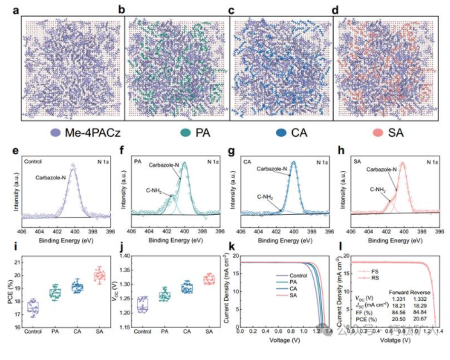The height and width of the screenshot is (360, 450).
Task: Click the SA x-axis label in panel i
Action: click(99, 331)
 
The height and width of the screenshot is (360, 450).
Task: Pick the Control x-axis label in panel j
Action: click(143, 331)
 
